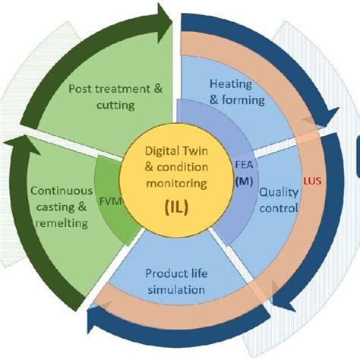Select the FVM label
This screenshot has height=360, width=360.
point(111,201)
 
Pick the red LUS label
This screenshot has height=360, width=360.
point(312,182)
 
